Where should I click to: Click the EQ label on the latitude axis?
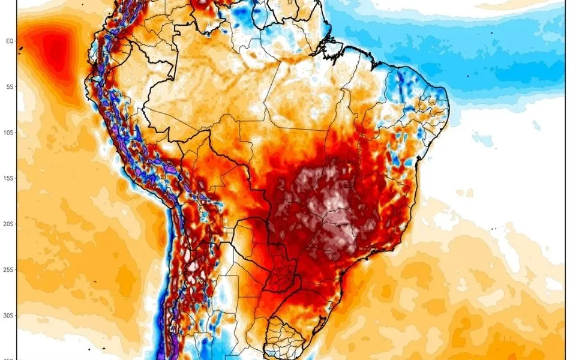(x=10, y=41)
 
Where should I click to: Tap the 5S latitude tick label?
(x=10, y=87)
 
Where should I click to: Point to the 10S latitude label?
(x=10, y=133)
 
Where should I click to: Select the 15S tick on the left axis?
(x=10, y=178)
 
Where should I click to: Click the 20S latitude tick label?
(x=10, y=224)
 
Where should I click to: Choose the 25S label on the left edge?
(x=10, y=269)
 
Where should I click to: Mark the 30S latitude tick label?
(x=10, y=315)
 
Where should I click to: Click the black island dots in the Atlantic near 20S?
(x=494, y=229)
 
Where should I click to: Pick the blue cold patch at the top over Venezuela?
(x=243, y=18)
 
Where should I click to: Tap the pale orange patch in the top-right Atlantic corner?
(x=516, y=5)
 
